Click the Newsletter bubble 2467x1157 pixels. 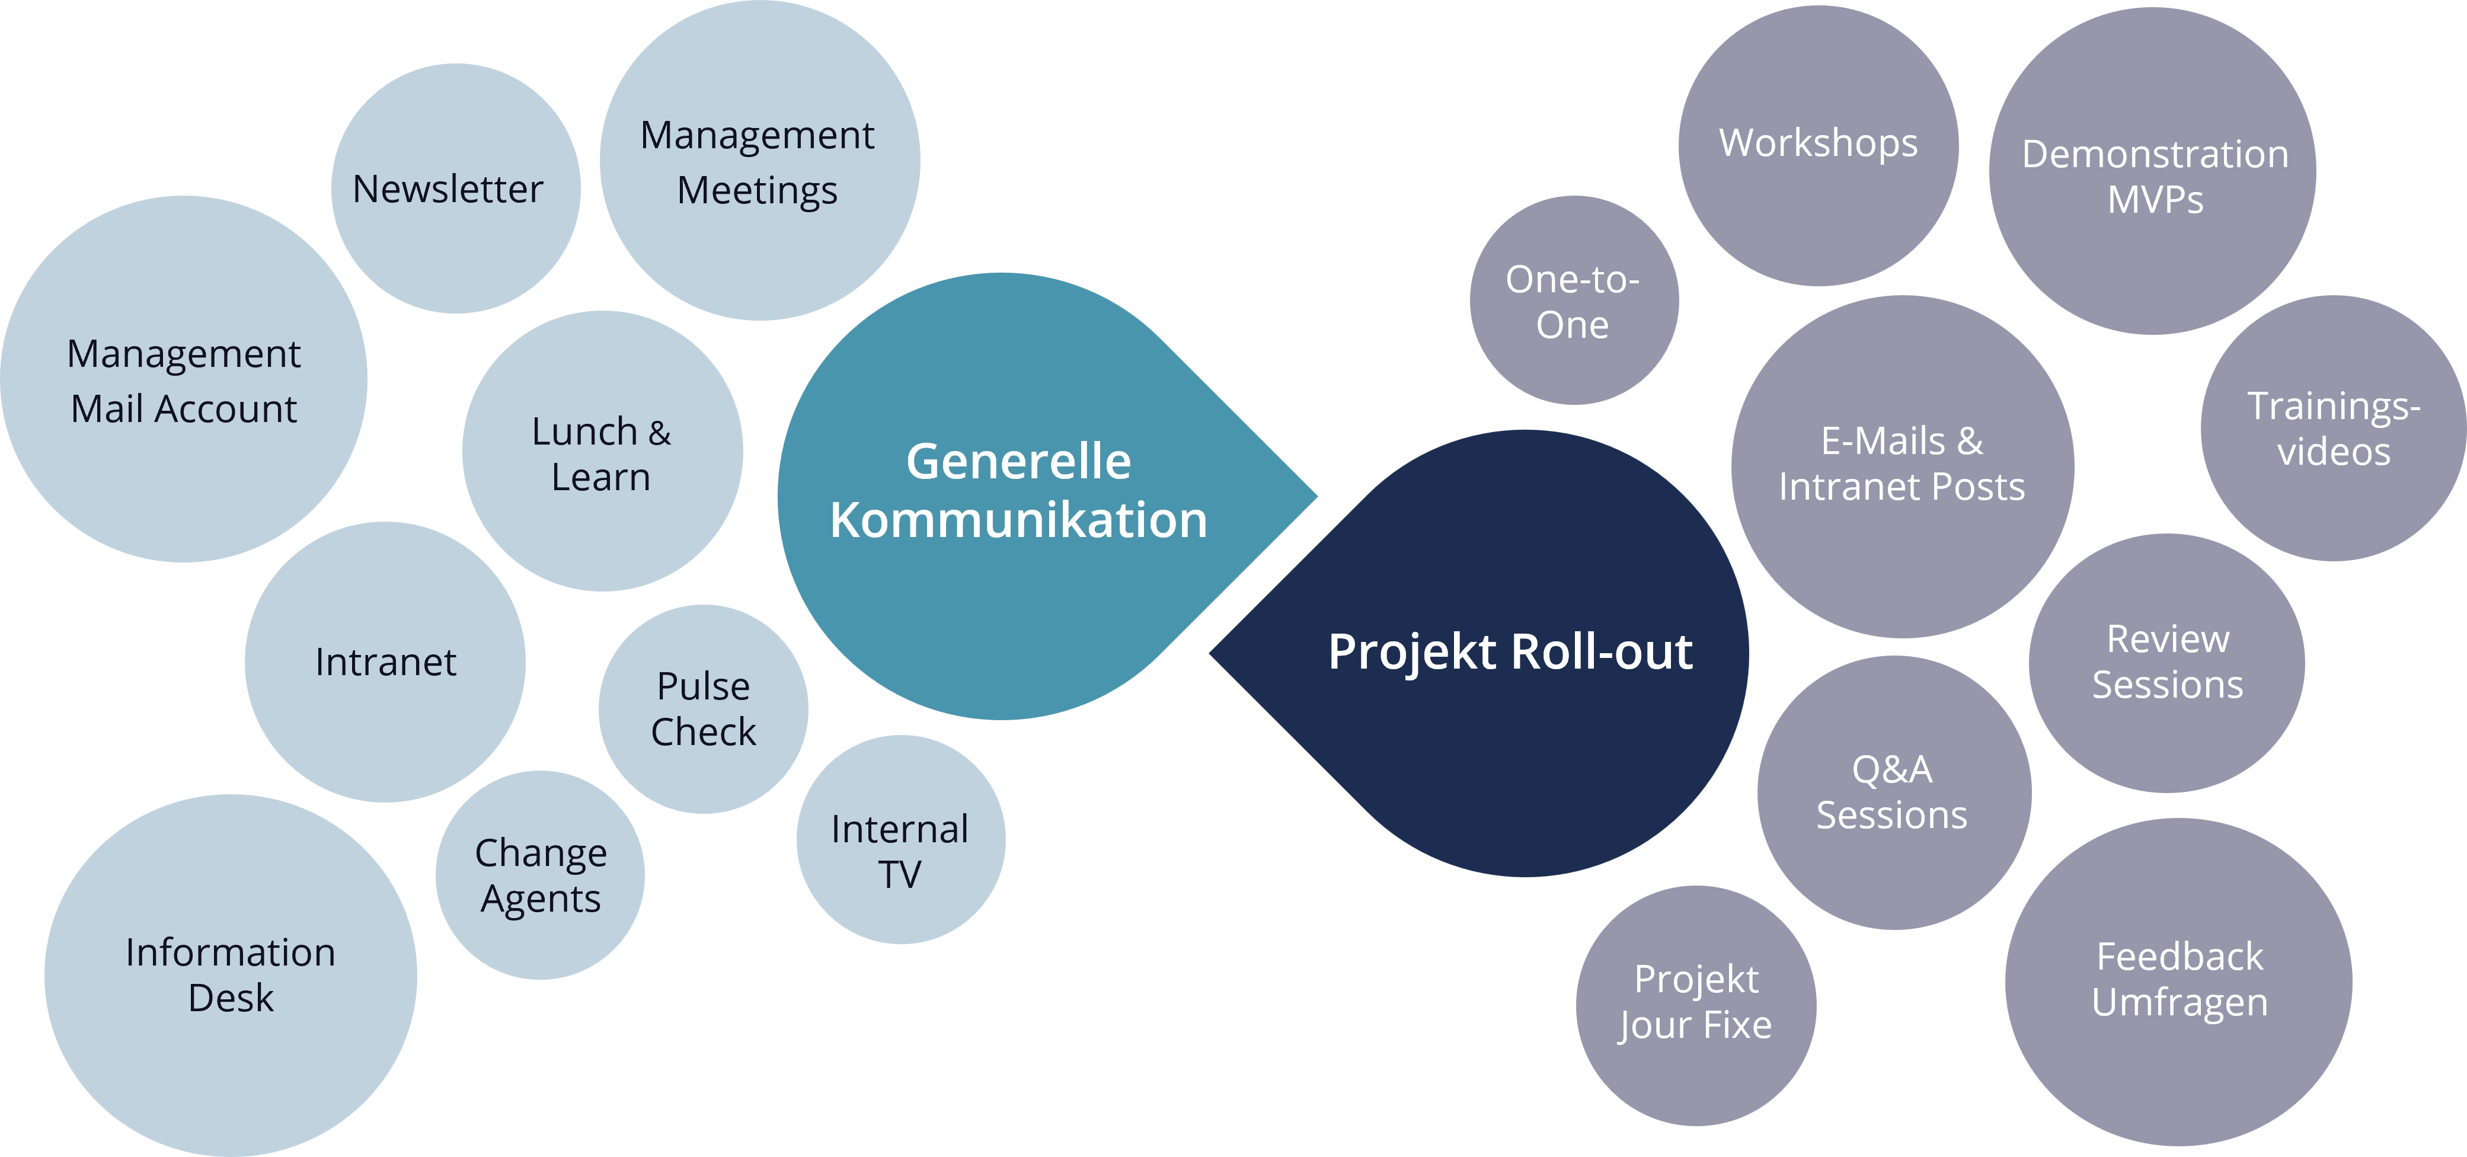[448, 190]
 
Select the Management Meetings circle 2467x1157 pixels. [758, 163]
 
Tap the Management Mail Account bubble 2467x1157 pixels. [184, 381]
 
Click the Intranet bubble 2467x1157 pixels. [385, 663]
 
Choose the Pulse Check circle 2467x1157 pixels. [703, 709]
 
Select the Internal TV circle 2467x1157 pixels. [900, 851]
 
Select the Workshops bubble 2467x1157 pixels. [1818, 143]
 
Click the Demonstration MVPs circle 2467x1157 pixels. [2155, 176]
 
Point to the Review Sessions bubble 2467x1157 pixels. [2167, 662]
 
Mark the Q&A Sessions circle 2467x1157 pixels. [1893, 792]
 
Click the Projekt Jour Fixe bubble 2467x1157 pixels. [1695, 1002]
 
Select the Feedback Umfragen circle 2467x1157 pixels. [2179, 979]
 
